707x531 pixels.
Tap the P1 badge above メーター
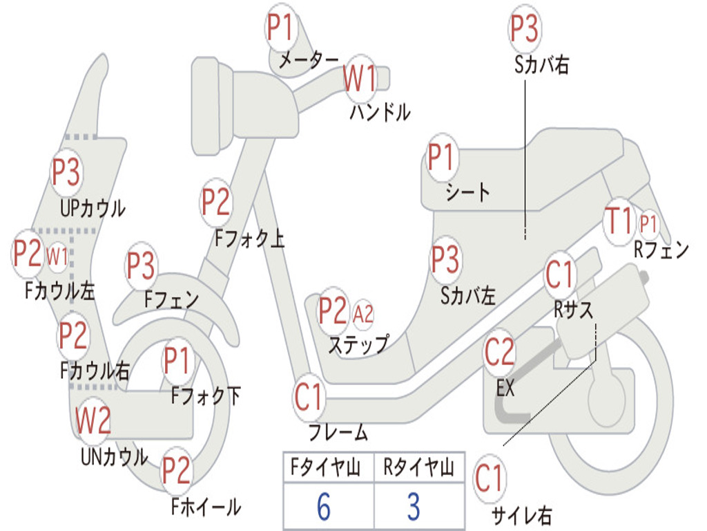(x=281, y=27)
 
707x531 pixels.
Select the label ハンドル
(x=380, y=112)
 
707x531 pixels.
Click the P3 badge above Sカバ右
(x=524, y=28)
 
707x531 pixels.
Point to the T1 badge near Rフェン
(x=619, y=221)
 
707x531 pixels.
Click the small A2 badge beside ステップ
(x=363, y=313)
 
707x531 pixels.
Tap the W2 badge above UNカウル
(x=93, y=420)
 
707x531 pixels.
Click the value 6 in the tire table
(x=324, y=506)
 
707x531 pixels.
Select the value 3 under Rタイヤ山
(x=414, y=506)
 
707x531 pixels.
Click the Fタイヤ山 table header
(x=326, y=467)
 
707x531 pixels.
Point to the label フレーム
(x=338, y=432)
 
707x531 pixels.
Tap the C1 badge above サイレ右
(x=489, y=478)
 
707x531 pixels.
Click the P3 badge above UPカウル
(x=66, y=172)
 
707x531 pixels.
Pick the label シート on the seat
(x=467, y=192)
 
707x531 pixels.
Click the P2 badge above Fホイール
(x=176, y=470)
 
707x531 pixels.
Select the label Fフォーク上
(x=250, y=238)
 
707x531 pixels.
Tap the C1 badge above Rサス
(x=559, y=274)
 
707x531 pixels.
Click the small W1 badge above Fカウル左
(x=57, y=257)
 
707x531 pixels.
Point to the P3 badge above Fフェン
(x=141, y=265)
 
